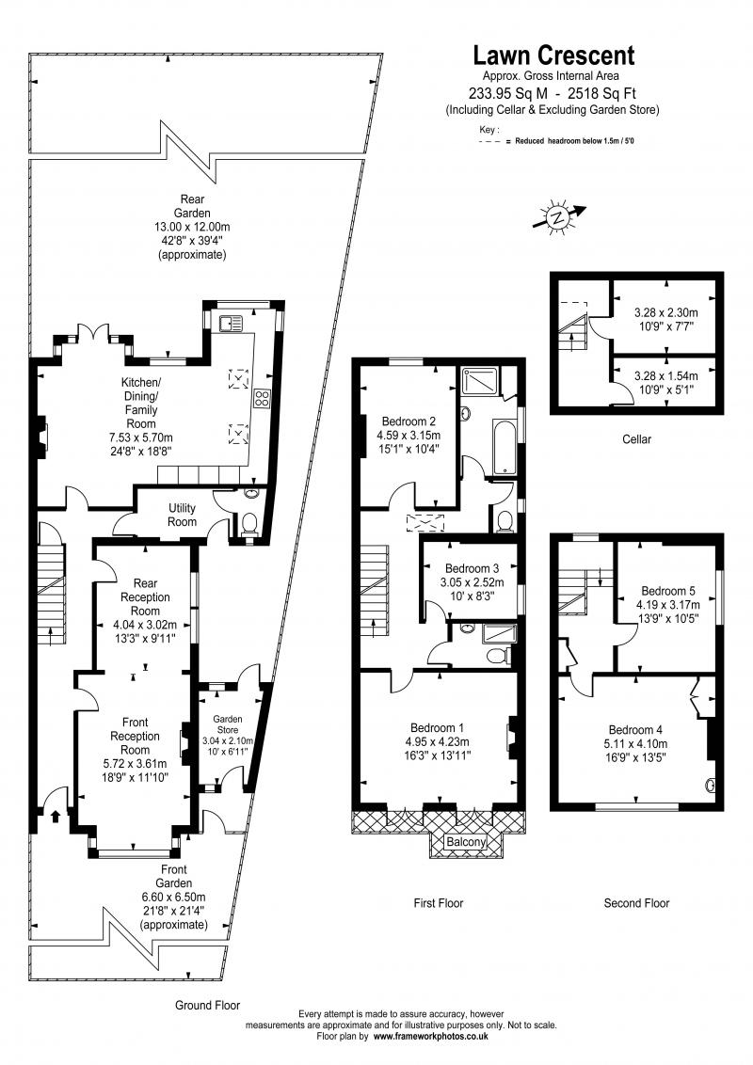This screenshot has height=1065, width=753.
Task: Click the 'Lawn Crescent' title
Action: tap(553, 56)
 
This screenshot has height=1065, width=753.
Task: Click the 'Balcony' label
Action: tap(467, 842)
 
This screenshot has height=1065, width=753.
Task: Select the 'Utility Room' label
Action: tap(183, 515)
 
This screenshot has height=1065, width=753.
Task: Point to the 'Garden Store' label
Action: tap(224, 723)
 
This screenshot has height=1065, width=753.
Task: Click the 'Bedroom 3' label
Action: tap(472, 568)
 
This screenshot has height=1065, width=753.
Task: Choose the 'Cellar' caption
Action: tap(637, 439)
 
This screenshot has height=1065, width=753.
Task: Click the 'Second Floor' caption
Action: tap(636, 903)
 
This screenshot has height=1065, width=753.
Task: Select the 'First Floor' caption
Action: tap(439, 903)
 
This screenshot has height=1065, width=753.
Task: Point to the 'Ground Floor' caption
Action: tap(207, 1005)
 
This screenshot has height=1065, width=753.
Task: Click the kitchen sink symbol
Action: tap(231, 325)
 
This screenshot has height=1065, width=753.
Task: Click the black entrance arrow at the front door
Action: tap(55, 817)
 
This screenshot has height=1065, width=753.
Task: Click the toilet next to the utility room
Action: tap(249, 523)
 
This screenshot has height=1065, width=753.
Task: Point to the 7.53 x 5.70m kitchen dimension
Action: tap(141, 437)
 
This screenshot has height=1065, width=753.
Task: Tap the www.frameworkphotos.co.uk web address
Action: tap(431, 1036)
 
